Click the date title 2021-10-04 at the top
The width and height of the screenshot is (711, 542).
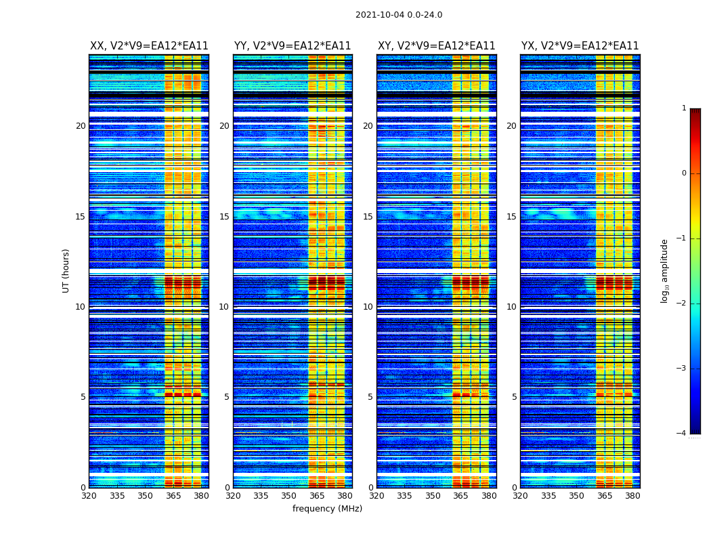[x=399, y=15]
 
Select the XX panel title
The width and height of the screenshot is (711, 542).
[x=149, y=46]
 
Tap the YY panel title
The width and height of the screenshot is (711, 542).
[x=293, y=46]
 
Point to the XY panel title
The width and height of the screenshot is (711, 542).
[x=436, y=46]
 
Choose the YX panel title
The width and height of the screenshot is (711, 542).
[x=580, y=46]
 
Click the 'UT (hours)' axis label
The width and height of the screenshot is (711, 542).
[x=66, y=270]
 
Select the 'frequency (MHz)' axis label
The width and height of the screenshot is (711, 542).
[x=327, y=509]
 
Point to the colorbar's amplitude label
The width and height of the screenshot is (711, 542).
[x=665, y=270]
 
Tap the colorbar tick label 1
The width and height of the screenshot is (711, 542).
[x=684, y=108]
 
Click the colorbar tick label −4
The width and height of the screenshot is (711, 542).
[x=682, y=434]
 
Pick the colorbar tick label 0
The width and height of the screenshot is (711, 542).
[x=684, y=173]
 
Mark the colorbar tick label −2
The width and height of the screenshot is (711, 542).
[x=682, y=304]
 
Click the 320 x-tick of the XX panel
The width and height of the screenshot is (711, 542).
[x=89, y=496]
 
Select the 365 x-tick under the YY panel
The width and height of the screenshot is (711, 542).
[x=317, y=496]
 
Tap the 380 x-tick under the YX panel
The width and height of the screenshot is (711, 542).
[x=632, y=496]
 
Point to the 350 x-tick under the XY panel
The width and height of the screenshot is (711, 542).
[x=433, y=496]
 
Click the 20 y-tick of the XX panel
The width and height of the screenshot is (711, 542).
[x=81, y=126]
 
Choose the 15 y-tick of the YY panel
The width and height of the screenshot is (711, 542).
[x=224, y=217]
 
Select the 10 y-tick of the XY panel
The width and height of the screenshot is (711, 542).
[x=368, y=307]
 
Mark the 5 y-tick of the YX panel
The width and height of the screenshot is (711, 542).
[x=515, y=397]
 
